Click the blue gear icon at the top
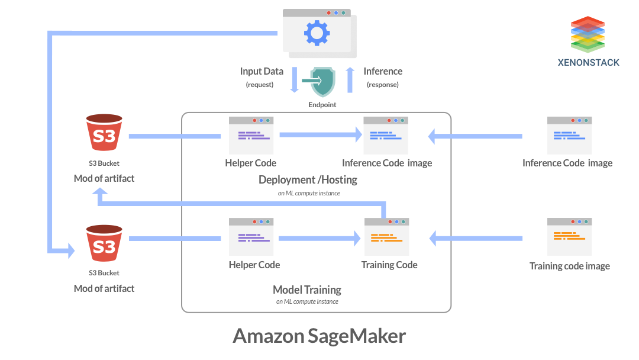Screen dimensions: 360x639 click(317, 33)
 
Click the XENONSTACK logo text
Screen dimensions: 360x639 click(588, 63)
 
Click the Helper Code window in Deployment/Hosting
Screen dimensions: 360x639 click(251, 135)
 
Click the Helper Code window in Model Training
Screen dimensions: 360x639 click(251, 237)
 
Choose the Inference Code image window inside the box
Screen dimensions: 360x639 click(386, 136)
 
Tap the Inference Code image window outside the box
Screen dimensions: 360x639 click(569, 136)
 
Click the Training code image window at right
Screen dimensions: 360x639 click(569, 237)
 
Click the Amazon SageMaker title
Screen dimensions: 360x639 click(319, 336)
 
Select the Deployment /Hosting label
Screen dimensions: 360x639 click(308, 179)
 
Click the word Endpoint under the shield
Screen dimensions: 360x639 click(322, 105)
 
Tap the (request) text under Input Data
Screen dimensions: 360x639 click(260, 85)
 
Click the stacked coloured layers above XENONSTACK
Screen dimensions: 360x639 click(588, 34)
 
